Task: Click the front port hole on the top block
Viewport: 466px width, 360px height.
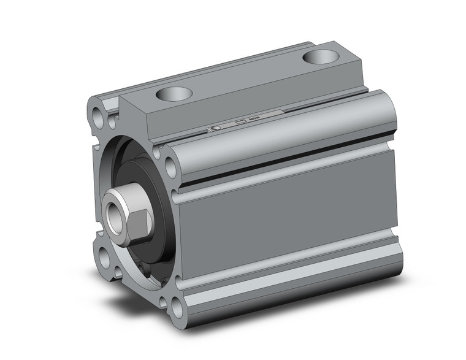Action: tap(174, 93)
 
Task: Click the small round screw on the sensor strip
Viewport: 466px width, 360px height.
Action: tap(216, 128)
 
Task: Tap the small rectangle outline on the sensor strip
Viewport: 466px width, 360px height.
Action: tap(240, 122)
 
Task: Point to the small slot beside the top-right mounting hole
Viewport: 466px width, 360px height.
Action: tap(158, 151)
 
